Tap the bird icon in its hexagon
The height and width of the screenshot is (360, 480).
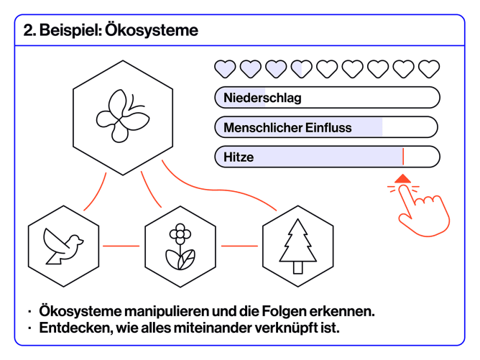(63, 245)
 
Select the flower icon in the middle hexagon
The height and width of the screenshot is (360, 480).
(180, 246)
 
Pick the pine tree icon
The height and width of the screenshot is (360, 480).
(297, 245)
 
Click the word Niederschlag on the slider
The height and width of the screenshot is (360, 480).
(262, 97)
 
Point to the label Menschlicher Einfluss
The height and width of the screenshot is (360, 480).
(287, 127)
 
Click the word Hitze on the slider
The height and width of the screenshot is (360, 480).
(239, 157)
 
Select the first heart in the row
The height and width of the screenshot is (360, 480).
(226, 69)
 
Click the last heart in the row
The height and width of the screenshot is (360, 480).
(429, 69)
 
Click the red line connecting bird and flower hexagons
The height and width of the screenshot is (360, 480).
(121, 246)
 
